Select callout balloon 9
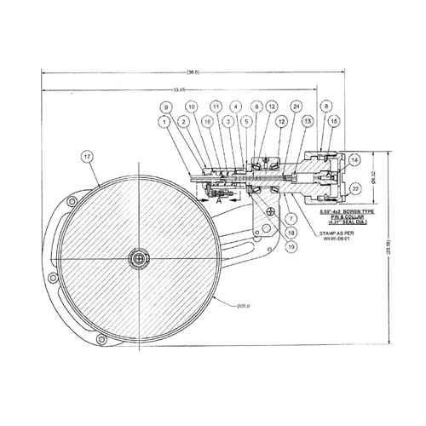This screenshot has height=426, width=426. (166, 106)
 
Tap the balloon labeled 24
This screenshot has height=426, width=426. (296, 106)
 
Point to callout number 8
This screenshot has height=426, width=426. (326, 106)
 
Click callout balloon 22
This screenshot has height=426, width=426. (355, 187)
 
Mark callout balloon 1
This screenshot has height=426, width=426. (162, 123)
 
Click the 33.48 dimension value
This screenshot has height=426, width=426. (178, 89)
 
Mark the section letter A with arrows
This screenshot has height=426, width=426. (219, 204)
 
